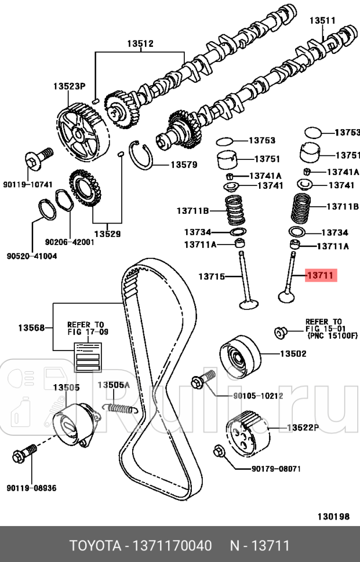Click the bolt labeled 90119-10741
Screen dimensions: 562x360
[37, 158]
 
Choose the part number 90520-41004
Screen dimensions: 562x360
[32, 256]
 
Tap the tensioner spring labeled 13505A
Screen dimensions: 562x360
[120, 407]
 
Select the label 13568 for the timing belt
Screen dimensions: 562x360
[31, 328]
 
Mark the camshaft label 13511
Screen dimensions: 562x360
[322, 21]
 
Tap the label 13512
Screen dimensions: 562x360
[140, 43]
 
